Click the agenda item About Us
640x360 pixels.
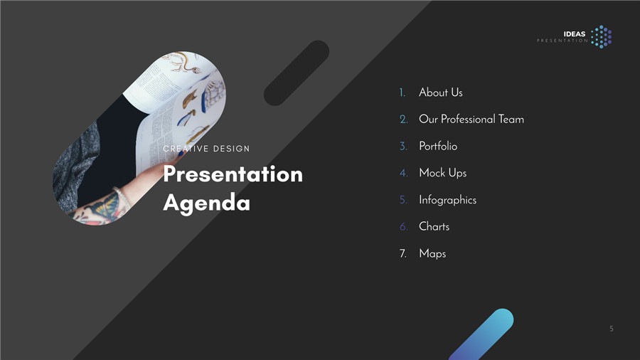(x=440, y=92)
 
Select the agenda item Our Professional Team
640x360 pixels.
(x=471, y=120)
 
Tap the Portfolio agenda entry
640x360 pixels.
(x=438, y=146)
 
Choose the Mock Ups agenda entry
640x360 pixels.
(x=443, y=173)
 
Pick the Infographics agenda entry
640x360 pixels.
(x=448, y=200)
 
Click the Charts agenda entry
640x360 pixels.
(x=434, y=226)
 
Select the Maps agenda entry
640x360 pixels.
(x=432, y=253)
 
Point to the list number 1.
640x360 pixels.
(x=402, y=93)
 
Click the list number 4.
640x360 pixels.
(x=403, y=173)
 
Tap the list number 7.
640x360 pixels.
(x=403, y=253)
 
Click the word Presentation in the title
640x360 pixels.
(x=233, y=174)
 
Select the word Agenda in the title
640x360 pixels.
(x=206, y=203)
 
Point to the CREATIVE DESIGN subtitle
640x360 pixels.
(x=206, y=149)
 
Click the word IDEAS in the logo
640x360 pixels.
(x=575, y=34)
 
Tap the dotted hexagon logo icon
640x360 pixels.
(x=602, y=37)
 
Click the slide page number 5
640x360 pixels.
(x=612, y=329)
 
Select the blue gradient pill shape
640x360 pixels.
(x=481, y=334)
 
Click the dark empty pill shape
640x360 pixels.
(x=297, y=73)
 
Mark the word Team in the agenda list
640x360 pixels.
(x=511, y=120)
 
